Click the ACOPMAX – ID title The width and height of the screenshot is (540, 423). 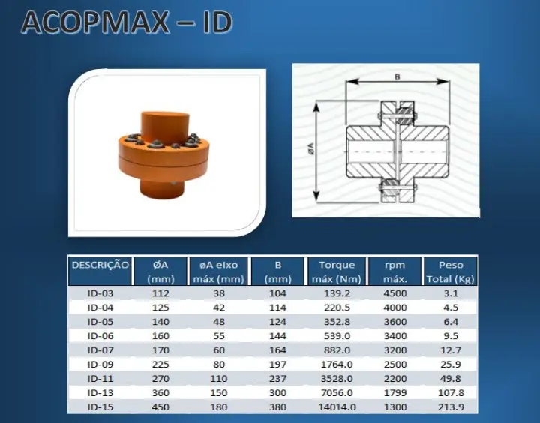(127, 22)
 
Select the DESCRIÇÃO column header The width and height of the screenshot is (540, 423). (100, 265)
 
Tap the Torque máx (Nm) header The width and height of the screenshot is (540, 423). (337, 271)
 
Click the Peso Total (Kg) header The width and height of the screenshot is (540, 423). (451, 271)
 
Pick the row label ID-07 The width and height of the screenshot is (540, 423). (100, 350)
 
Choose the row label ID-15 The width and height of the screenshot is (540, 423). (100, 406)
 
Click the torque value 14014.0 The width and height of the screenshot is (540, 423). (337, 406)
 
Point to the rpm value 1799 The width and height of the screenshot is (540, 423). (395, 393)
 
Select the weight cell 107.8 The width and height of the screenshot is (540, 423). (451, 393)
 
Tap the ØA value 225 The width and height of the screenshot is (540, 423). (160, 364)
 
